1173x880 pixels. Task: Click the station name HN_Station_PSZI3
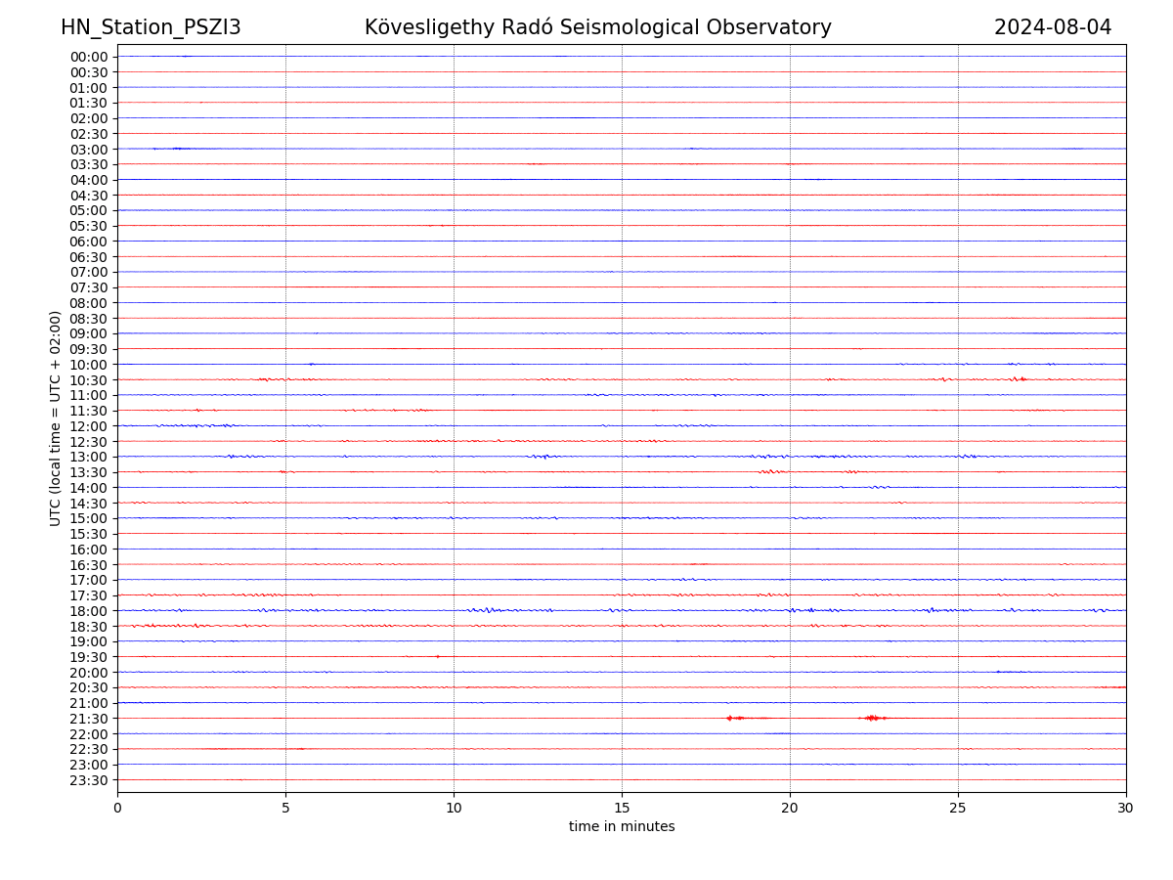click(151, 27)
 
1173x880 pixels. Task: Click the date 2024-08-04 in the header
click(1053, 27)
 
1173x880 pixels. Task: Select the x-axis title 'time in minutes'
click(622, 827)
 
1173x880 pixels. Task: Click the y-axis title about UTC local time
click(56, 418)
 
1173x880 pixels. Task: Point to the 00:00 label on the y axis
click(88, 57)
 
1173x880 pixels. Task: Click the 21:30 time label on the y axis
click(88, 719)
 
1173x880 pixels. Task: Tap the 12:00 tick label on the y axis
click(88, 426)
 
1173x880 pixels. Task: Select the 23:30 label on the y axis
click(88, 780)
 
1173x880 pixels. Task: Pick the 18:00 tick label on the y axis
click(88, 611)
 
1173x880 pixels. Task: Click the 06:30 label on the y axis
click(88, 257)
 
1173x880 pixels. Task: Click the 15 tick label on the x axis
click(622, 808)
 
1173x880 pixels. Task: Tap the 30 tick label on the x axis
click(1126, 808)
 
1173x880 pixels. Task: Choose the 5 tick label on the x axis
click(285, 808)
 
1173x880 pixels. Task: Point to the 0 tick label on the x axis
click(117, 808)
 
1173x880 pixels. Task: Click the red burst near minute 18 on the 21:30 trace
click(734, 718)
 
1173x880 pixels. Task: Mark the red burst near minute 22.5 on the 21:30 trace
click(872, 718)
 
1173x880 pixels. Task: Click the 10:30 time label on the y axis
click(88, 380)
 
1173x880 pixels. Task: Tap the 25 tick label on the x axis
click(958, 808)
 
